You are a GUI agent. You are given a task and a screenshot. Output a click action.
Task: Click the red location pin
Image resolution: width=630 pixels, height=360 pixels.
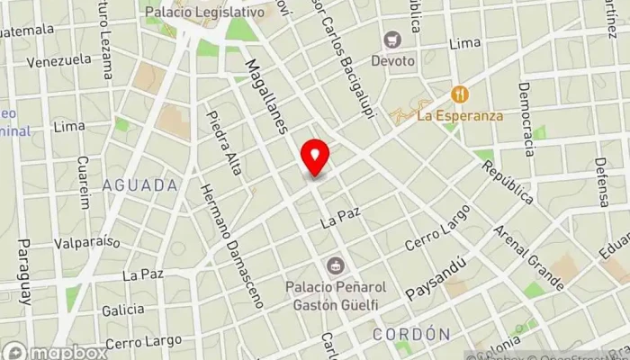pos(315,157)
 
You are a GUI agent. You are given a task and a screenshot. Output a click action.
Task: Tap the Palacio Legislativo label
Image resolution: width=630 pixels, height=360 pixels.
pos(206,13)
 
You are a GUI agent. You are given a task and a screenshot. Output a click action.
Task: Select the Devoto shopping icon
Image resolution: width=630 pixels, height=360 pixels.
pos(391,40)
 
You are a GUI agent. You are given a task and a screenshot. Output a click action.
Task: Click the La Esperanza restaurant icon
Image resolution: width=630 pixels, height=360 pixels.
pos(460,94)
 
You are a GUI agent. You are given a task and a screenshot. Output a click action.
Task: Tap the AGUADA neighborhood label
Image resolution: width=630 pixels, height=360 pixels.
pos(139,185)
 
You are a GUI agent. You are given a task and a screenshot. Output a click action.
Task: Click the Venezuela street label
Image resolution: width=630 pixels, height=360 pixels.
pos(59,61)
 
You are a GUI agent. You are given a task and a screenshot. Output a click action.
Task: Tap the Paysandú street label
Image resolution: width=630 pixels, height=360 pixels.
pos(435,279)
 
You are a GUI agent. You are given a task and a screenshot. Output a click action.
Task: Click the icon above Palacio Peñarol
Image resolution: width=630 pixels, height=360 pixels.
pos(336,265)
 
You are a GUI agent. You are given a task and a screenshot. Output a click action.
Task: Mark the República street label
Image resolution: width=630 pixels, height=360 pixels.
pos(508,183)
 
